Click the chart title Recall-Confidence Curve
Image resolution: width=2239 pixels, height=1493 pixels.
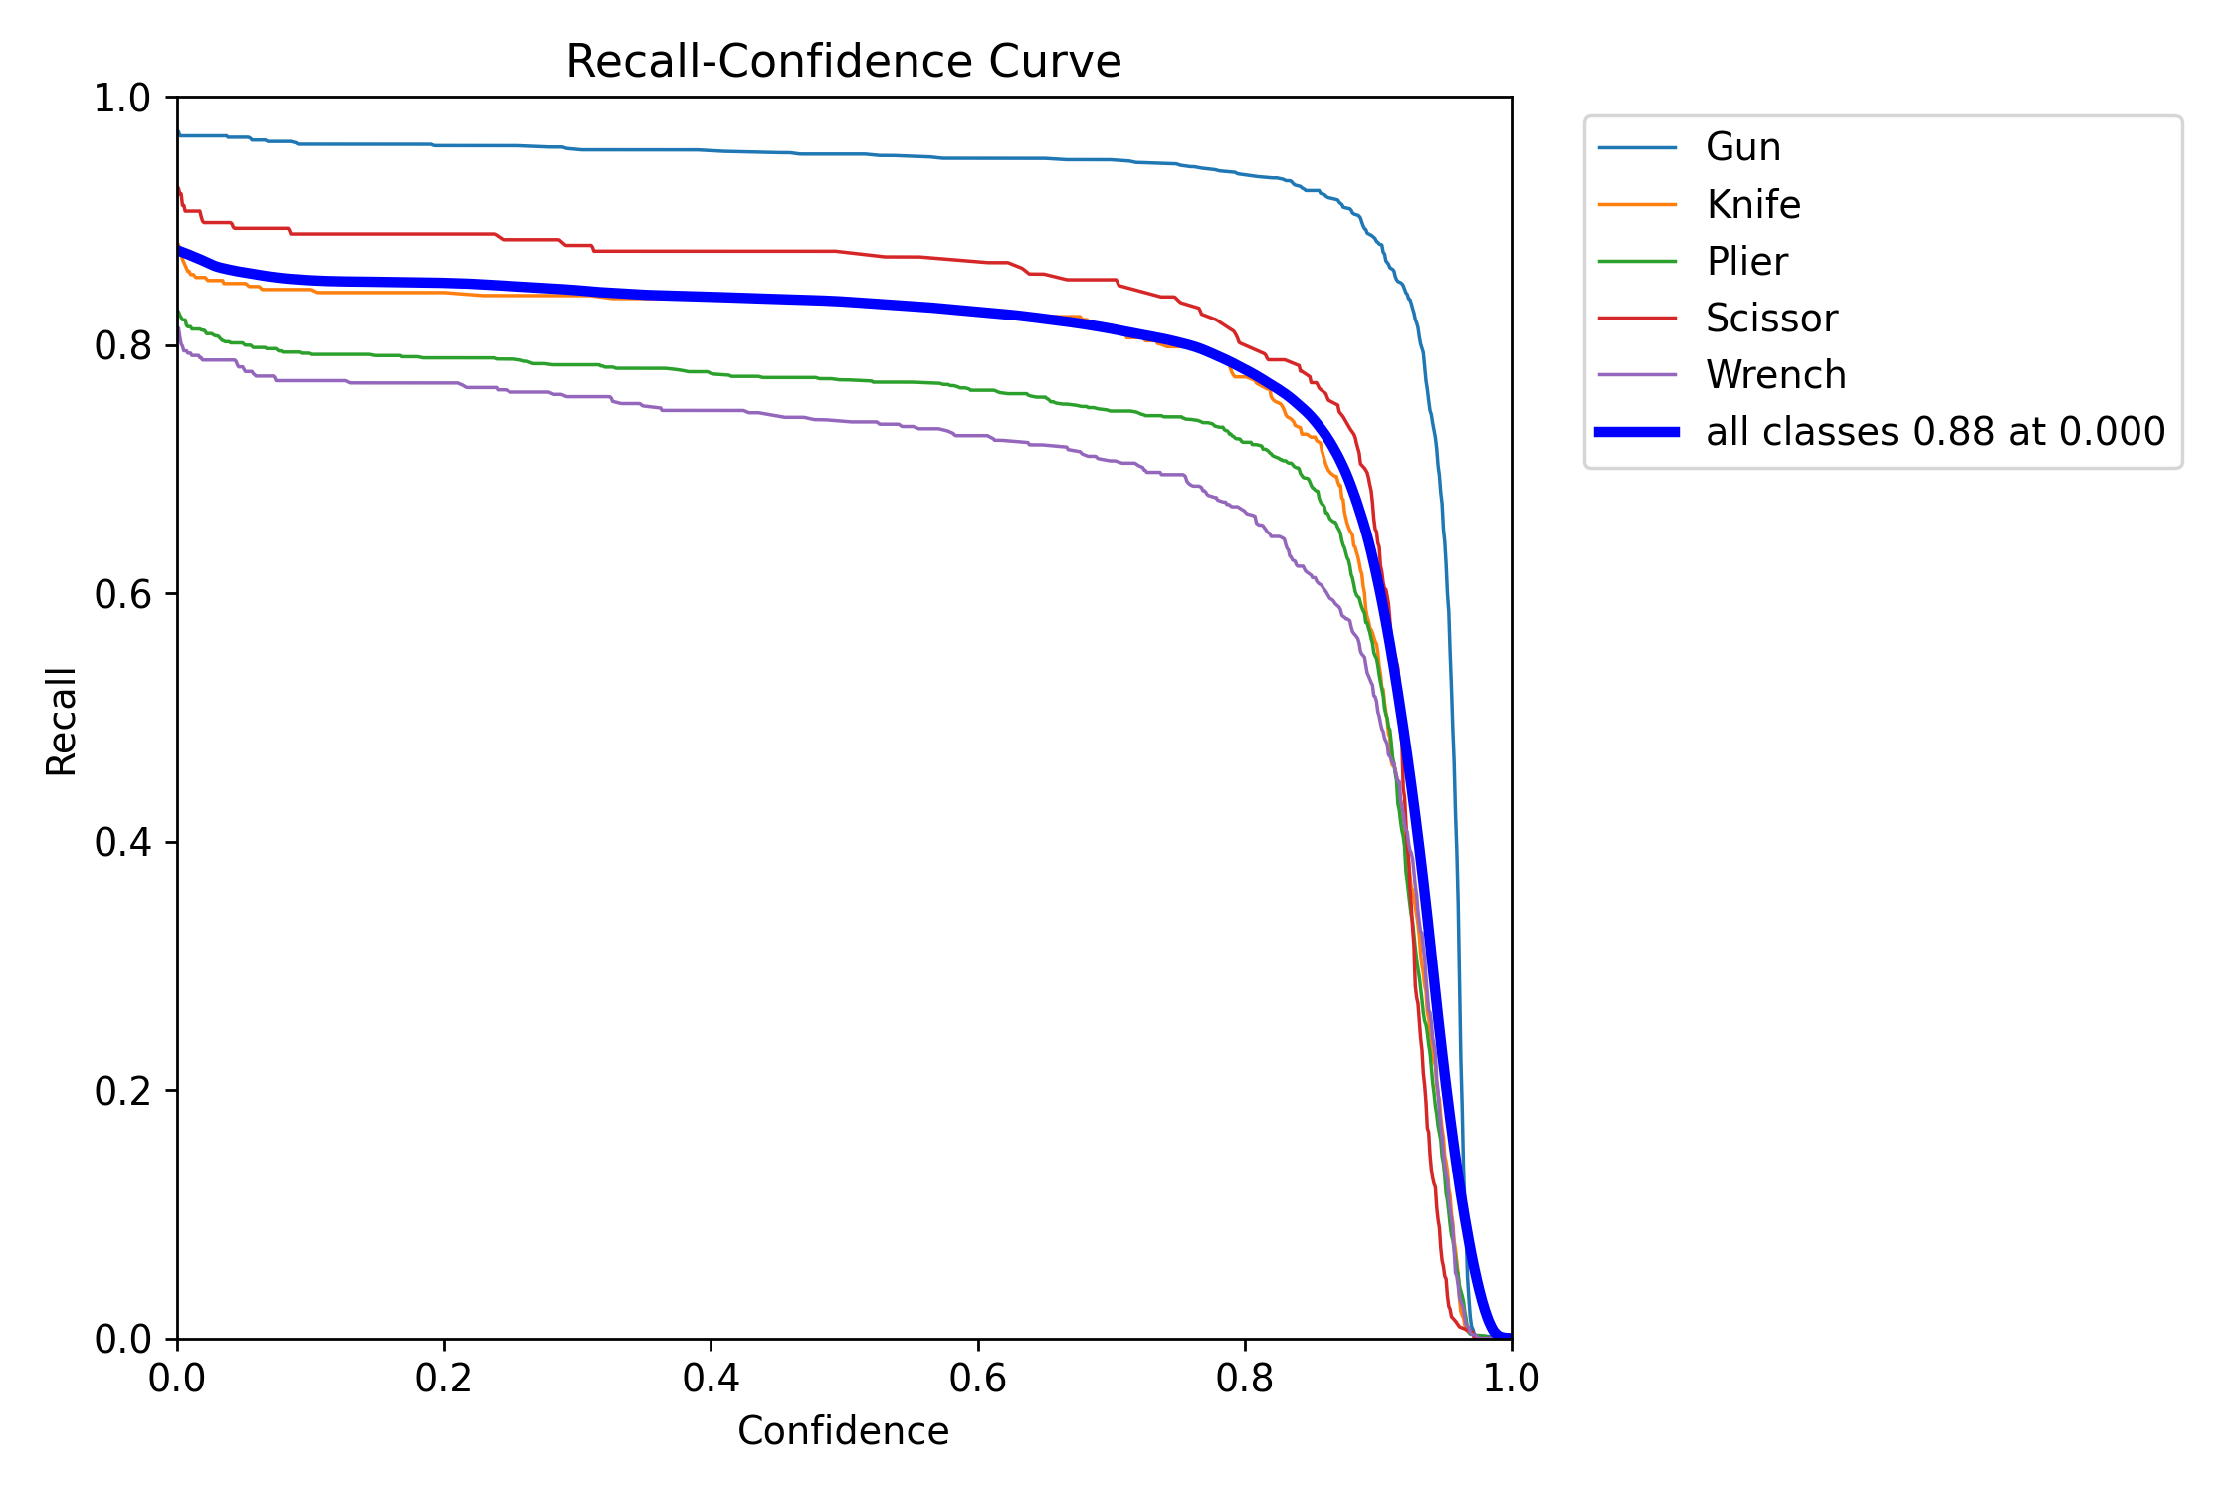click(x=843, y=62)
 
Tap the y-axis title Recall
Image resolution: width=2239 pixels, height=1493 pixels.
click(x=62, y=722)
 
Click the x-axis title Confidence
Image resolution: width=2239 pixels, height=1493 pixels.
click(x=843, y=1431)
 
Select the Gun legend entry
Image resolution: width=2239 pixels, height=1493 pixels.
click(x=1742, y=147)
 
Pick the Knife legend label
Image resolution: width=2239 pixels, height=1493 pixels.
click(x=1752, y=205)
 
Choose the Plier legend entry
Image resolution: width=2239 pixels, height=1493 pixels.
click(x=1746, y=262)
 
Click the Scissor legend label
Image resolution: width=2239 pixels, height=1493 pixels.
click(x=1771, y=319)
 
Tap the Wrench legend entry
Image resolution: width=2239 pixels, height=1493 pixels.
click(x=1775, y=375)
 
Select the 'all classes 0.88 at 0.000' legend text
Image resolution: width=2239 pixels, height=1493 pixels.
click(x=1934, y=432)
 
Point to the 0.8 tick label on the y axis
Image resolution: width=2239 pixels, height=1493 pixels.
click(x=121, y=346)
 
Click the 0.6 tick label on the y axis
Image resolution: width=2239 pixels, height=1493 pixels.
click(x=121, y=594)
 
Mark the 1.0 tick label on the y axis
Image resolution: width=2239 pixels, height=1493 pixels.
click(x=121, y=99)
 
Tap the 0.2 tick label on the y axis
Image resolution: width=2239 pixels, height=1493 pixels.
click(x=121, y=1091)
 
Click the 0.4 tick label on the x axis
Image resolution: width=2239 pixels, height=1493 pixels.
click(x=711, y=1379)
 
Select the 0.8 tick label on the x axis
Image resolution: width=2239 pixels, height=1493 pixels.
click(x=1244, y=1379)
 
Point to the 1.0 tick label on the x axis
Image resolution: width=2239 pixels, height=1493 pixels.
click(x=1511, y=1379)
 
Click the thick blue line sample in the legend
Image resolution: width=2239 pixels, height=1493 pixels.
click(x=1637, y=432)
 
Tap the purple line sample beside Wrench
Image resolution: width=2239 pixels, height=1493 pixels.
click(x=1637, y=375)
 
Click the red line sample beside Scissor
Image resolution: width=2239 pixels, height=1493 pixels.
click(x=1637, y=319)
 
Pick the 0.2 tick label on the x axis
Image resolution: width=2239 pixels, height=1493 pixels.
click(x=444, y=1379)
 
